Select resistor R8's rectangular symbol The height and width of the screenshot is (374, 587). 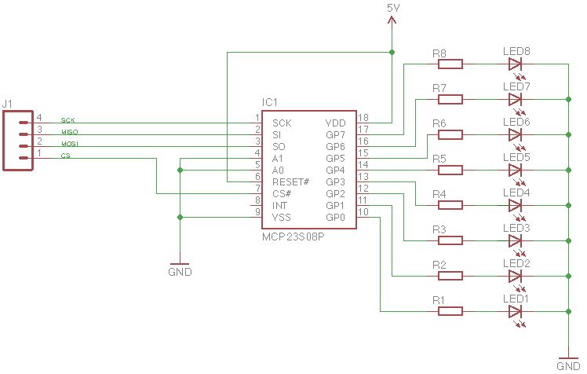[x=450, y=64]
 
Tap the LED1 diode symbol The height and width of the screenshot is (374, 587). [x=515, y=312]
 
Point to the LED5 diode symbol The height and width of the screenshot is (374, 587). [x=515, y=170]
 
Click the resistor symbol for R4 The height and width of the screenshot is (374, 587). [x=450, y=206]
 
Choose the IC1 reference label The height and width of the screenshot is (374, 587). [x=270, y=103]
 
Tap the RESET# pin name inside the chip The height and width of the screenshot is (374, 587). [x=291, y=181]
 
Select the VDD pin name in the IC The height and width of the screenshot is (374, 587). [x=335, y=123]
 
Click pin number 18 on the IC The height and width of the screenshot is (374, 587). [x=363, y=118]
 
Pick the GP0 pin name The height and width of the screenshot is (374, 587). [x=335, y=217]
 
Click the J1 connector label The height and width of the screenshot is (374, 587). [x=8, y=103]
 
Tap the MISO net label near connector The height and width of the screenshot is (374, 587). [x=68, y=133]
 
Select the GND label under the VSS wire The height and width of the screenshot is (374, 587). [x=180, y=273]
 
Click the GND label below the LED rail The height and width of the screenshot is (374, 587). [x=567, y=366]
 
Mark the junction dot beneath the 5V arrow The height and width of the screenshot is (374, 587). [x=392, y=53]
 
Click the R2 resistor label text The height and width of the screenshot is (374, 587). [x=439, y=264]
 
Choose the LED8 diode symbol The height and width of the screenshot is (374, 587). [x=515, y=64]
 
